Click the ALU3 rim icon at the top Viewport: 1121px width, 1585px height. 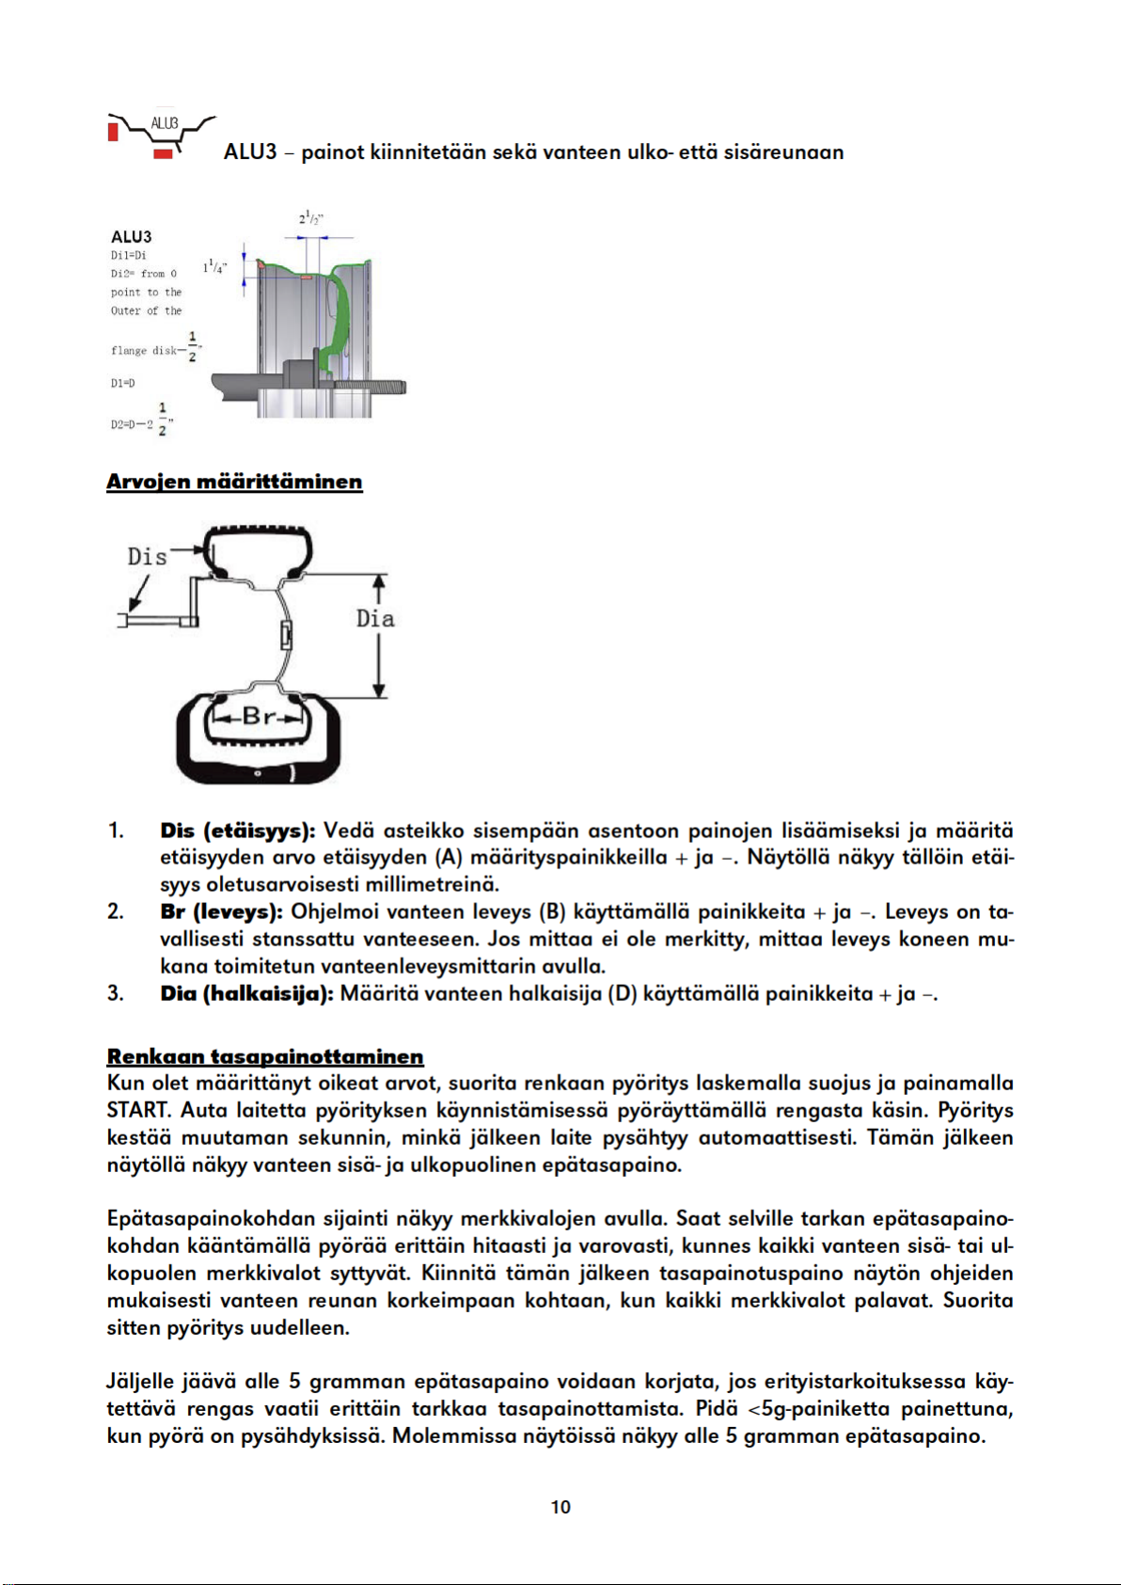[x=162, y=135]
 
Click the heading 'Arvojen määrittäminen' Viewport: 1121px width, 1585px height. [x=234, y=482]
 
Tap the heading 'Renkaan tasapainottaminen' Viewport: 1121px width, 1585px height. [x=265, y=1057]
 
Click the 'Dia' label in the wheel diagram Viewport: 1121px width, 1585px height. [x=375, y=619]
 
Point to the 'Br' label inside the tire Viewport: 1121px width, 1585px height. [x=259, y=717]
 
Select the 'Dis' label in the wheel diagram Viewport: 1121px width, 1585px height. [x=147, y=557]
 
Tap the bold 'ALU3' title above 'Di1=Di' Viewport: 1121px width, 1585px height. [x=132, y=236]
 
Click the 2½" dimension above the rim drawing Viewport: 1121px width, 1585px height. [x=311, y=218]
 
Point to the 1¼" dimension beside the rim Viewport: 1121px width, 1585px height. [x=214, y=267]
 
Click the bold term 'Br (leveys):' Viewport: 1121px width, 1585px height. [x=221, y=912]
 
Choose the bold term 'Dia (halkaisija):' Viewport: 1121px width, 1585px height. [x=246, y=994]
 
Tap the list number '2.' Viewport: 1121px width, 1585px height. [x=116, y=912]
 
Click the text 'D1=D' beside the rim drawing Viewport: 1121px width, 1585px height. [x=123, y=384]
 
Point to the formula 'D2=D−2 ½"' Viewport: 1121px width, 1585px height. [x=142, y=420]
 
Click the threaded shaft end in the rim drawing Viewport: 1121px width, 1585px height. [x=371, y=387]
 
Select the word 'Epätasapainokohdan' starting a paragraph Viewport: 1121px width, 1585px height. [x=212, y=1219]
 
